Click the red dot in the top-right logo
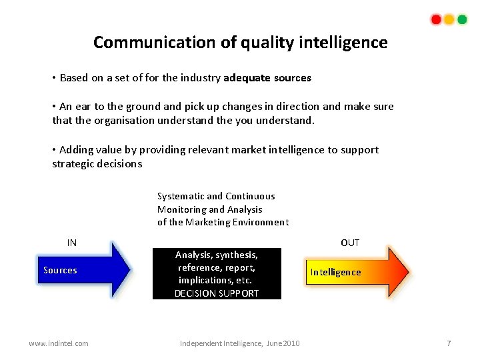(x=436, y=19)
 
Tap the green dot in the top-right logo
(x=461, y=19)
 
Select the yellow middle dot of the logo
(x=449, y=19)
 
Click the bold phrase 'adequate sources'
(x=267, y=78)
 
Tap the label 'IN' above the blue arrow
(x=72, y=243)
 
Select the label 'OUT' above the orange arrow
(x=350, y=243)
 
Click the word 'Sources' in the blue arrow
(x=60, y=270)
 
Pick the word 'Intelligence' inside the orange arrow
(x=335, y=272)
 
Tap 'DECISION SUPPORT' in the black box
(x=217, y=293)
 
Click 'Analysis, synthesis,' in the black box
(x=217, y=255)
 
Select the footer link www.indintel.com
(x=59, y=343)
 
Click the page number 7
(x=449, y=343)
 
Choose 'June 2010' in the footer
(x=283, y=343)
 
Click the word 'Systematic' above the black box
(x=181, y=196)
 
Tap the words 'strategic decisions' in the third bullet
(x=97, y=164)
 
